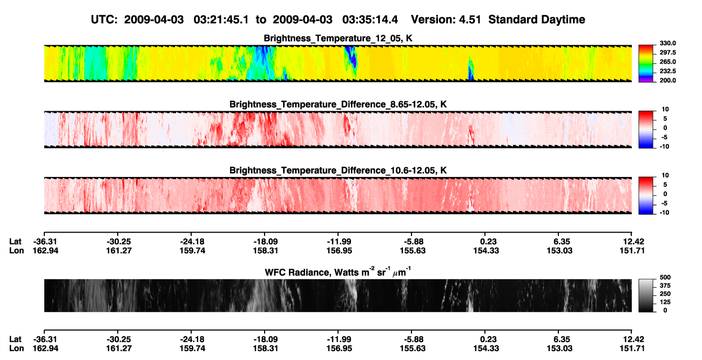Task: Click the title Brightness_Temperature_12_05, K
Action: [x=338, y=38]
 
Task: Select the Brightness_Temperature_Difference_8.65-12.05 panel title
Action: [x=338, y=104]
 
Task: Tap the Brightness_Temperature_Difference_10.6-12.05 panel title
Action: [x=338, y=171]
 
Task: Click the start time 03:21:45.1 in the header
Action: [x=221, y=20]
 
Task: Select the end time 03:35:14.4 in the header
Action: [x=370, y=20]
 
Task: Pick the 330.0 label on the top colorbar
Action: [x=667, y=43]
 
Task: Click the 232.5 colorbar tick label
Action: [x=667, y=71]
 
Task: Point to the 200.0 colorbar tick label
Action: [x=667, y=80]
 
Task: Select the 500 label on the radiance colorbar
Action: [x=665, y=277]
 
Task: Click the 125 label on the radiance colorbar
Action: [x=665, y=302]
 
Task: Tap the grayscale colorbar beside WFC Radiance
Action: [x=646, y=295]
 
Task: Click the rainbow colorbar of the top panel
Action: [x=646, y=64]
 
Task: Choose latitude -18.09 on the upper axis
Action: [x=266, y=242]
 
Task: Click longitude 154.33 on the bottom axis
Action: [x=486, y=349]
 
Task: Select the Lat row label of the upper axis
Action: [x=15, y=242]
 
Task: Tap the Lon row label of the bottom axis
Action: [x=16, y=349]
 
